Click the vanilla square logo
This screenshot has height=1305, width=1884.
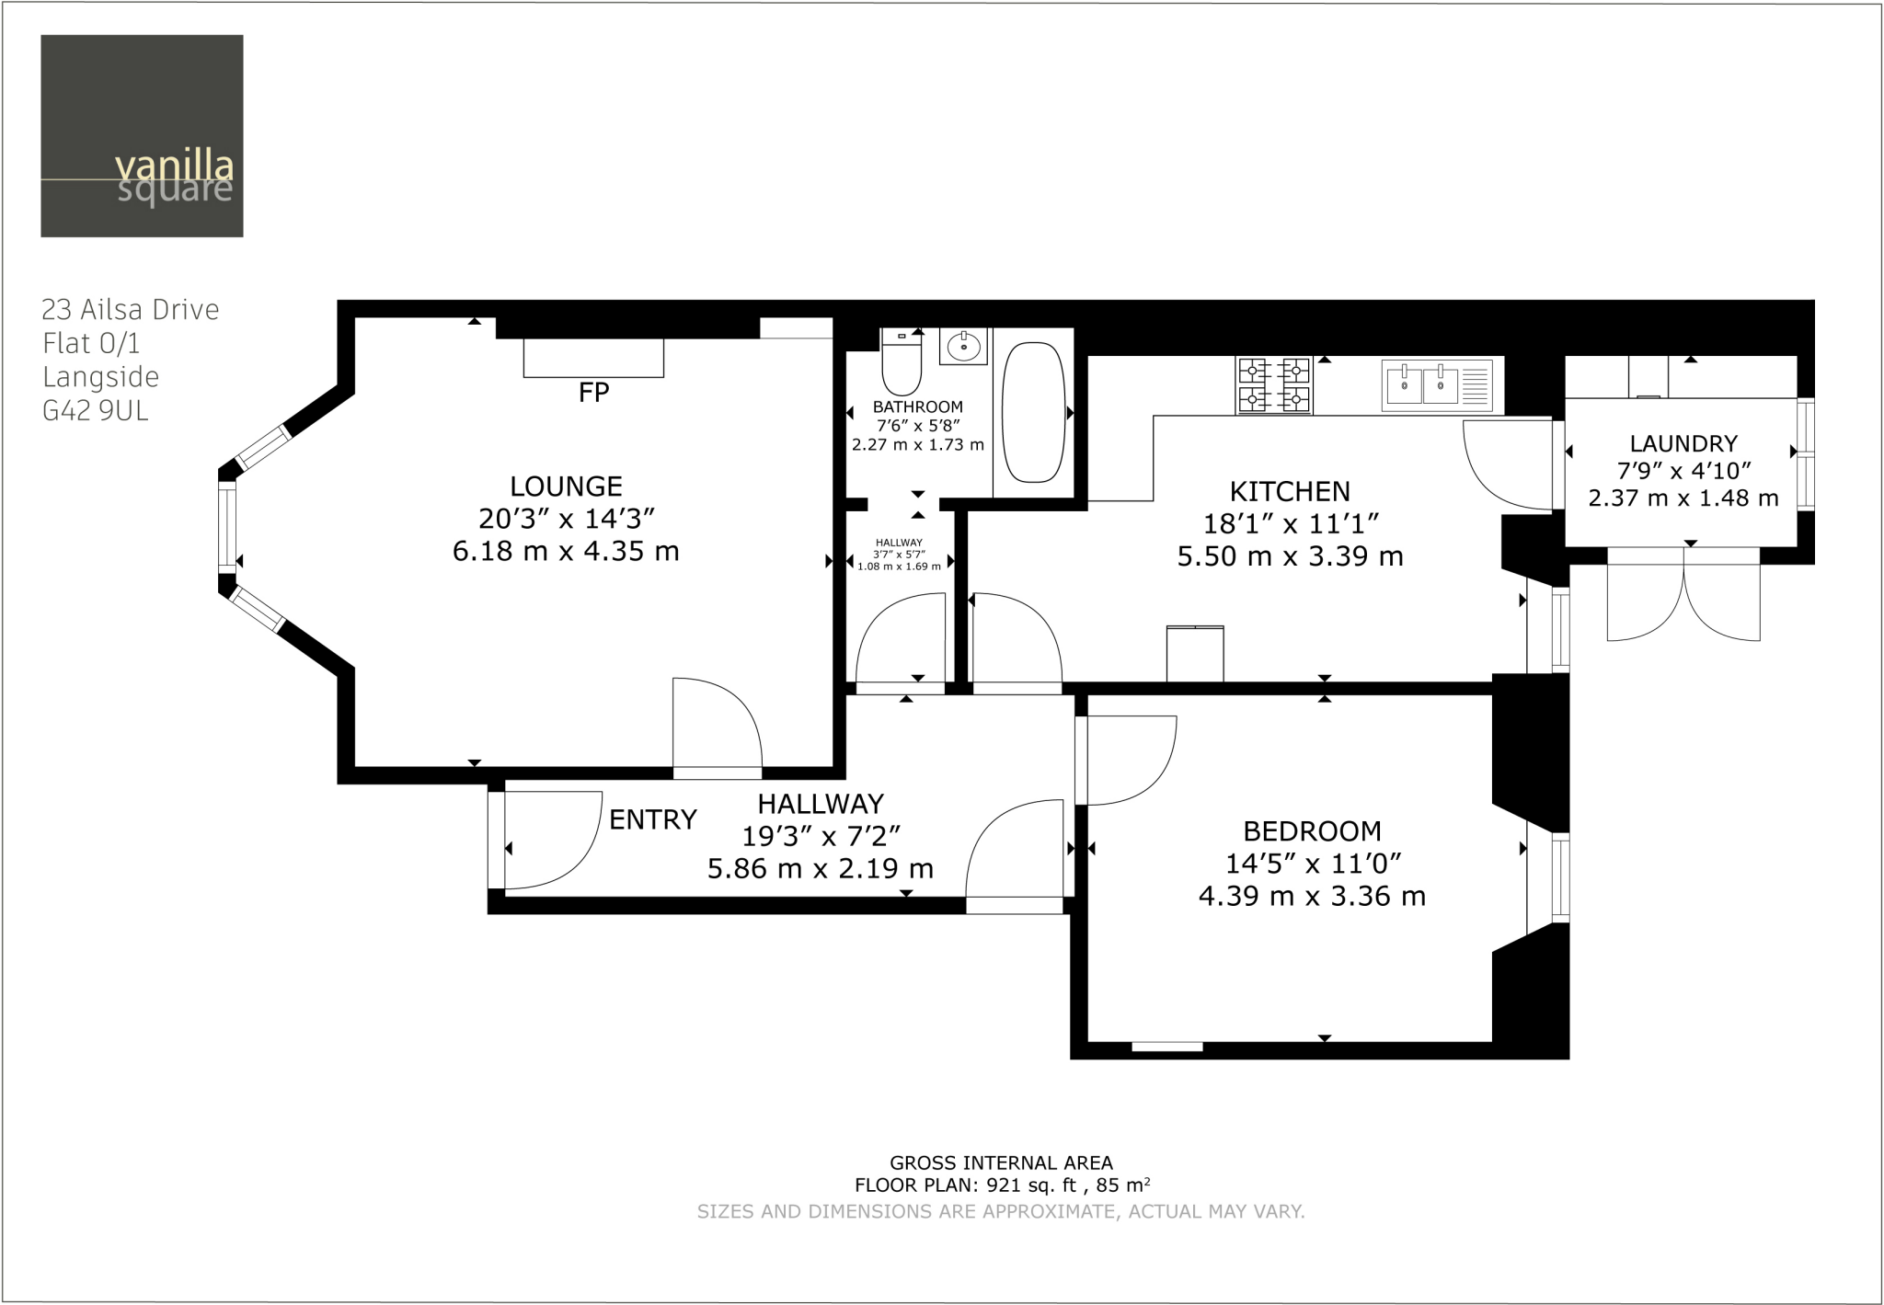point(142,136)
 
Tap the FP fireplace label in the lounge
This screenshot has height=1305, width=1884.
point(593,393)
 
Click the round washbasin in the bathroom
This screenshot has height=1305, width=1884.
point(964,347)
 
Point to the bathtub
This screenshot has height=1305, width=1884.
point(1033,412)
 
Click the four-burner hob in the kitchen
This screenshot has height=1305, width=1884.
point(1275,385)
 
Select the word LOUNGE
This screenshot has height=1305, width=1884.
point(566,487)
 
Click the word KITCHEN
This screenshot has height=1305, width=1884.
point(1290,491)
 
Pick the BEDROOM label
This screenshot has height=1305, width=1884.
point(1312,831)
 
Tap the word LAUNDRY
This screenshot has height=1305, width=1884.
point(1683,444)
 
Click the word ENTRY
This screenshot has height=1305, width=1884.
point(653,819)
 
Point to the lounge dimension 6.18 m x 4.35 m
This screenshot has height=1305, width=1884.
point(566,552)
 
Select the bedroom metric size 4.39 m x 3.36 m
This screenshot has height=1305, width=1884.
point(1312,896)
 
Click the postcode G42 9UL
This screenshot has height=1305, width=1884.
point(96,410)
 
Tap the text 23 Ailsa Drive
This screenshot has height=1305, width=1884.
point(131,309)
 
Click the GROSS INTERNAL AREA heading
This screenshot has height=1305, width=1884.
point(1001,1163)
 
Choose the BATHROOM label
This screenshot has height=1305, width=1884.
point(918,406)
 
